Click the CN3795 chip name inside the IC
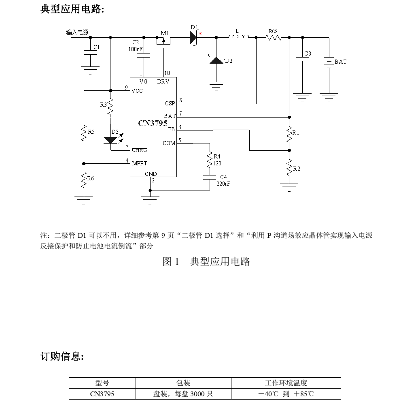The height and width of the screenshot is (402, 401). (x=153, y=123)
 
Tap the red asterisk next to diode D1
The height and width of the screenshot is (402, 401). (x=200, y=34)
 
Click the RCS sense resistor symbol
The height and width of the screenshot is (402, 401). (x=274, y=38)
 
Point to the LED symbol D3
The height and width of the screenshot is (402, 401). (x=110, y=140)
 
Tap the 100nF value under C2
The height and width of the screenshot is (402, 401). (x=135, y=49)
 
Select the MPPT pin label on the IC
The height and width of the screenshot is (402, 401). (x=140, y=164)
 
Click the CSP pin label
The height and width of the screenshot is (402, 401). (x=170, y=103)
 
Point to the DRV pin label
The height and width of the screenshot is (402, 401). (x=163, y=82)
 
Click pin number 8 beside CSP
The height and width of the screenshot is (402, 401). (x=180, y=100)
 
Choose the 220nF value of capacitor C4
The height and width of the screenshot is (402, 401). (x=223, y=183)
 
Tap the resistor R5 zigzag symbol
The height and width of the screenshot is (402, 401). (x=83, y=133)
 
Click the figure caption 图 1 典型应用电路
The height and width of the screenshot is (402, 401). (x=206, y=261)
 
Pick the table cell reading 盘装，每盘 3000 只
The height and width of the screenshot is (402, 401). (x=183, y=393)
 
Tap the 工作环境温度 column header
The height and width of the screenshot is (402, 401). (x=286, y=383)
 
